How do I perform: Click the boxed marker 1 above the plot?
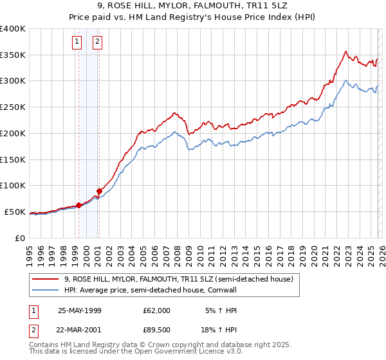click(x=77, y=42)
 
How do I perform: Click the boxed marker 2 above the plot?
click(x=98, y=42)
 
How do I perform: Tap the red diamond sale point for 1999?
click(x=79, y=205)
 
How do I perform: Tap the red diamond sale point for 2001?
click(x=100, y=191)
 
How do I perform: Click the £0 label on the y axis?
click(x=19, y=238)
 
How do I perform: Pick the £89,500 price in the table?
click(x=157, y=330)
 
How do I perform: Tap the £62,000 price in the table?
click(x=157, y=310)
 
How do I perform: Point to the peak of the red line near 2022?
click(x=346, y=51)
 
